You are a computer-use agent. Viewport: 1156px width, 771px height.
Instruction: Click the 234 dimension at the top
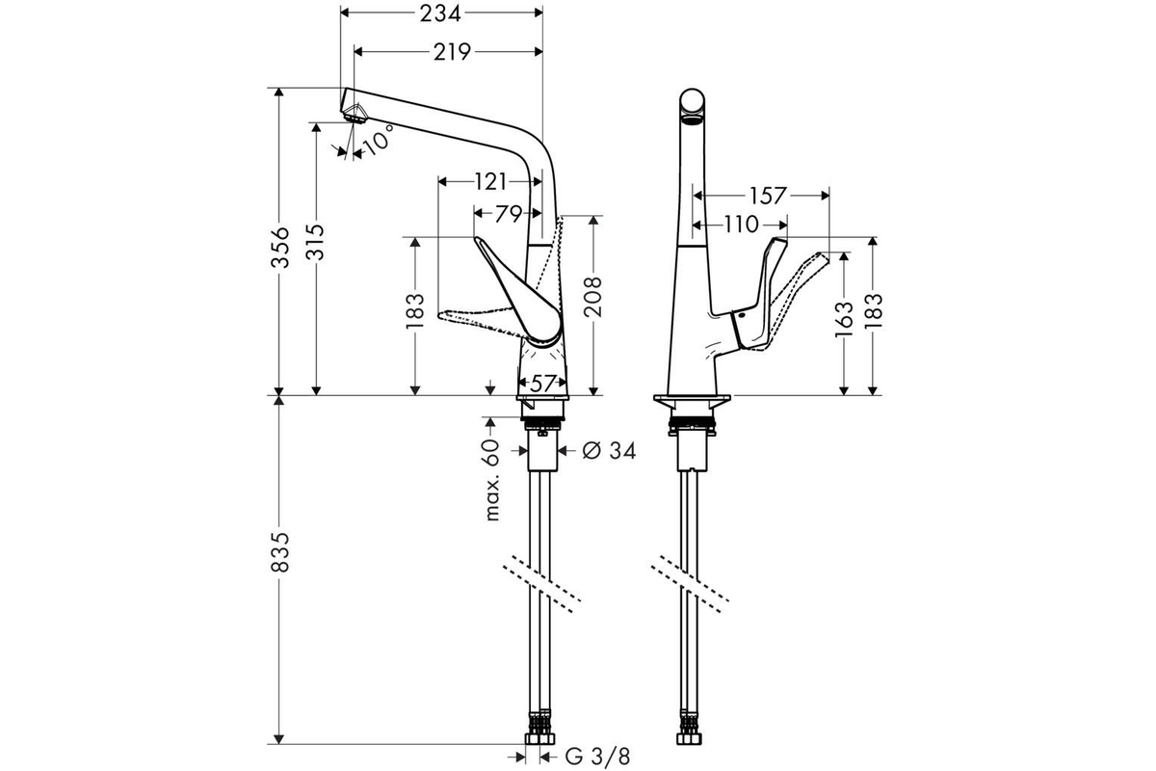[x=439, y=13]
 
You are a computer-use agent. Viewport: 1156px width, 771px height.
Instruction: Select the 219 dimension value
[x=452, y=52]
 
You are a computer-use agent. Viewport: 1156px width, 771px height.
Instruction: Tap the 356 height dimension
[x=280, y=247]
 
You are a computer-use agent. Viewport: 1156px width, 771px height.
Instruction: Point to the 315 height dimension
[x=317, y=242]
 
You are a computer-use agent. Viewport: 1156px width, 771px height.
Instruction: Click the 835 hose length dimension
[x=280, y=551]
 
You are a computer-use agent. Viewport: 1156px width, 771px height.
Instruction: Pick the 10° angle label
[x=379, y=140]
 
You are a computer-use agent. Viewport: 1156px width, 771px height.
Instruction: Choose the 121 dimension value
[x=490, y=181]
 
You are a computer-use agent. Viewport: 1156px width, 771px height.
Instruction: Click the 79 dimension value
[x=509, y=214]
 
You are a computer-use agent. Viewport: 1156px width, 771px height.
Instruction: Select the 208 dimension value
[x=593, y=297]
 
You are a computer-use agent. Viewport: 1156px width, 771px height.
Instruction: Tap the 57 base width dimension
[x=542, y=384]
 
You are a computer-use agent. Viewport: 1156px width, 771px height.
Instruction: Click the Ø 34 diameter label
[x=609, y=451]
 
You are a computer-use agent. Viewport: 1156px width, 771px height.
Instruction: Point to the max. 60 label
[x=493, y=480]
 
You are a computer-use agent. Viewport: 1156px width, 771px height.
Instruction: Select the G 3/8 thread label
[x=597, y=758]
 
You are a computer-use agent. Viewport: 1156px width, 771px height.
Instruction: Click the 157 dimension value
[x=768, y=196]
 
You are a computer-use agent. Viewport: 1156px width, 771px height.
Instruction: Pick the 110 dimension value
[x=741, y=225]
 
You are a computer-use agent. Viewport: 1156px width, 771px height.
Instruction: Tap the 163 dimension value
[x=844, y=320]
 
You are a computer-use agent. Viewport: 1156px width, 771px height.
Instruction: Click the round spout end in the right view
[x=692, y=103]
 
